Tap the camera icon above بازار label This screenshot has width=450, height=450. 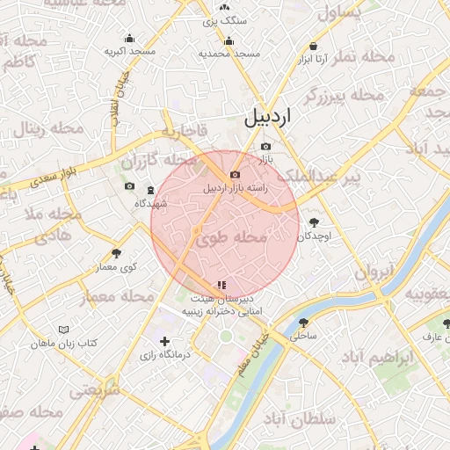(x=266, y=147)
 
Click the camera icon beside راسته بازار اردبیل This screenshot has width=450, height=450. (x=235, y=175)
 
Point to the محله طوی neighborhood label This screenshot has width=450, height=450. (x=231, y=237)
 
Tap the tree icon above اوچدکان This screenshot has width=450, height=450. (x=314, y=223)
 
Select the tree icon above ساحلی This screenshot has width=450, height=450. (x=303, y=323)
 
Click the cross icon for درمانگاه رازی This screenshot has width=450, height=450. (x=164, y=341)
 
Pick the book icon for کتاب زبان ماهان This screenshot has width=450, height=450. (x=62, y=330)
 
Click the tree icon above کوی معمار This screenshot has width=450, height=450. (x=117, y=253)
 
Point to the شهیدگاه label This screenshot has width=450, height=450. (x=150, y=203)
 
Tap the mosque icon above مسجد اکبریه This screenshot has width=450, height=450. (x=130, y=38)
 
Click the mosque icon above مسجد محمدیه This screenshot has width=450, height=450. (x=229, y=40)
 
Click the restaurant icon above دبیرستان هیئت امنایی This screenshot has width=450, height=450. (x=221, y=285)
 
